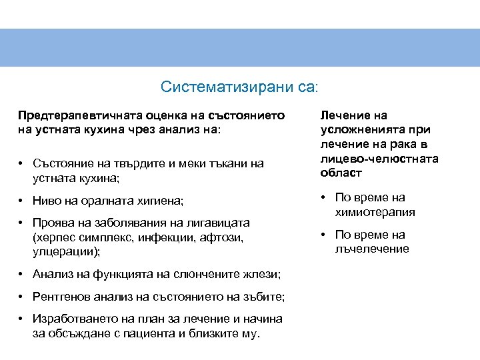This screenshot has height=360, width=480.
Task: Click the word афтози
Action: pyautogui.click(x=223, y=237)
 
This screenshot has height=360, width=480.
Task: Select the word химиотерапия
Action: pyautogui.click(x=375, y=212)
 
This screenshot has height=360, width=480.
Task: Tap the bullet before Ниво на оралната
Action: pyautogui.click(x=22, y=201)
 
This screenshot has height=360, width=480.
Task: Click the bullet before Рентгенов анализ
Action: pyautogui.click(x=22, y=297)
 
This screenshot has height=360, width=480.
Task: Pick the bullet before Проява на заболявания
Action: pyautogui.click(x=22, y=223)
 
